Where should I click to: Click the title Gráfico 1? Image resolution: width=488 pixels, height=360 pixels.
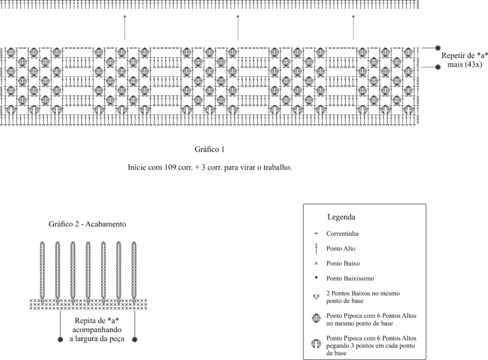coord(210,149)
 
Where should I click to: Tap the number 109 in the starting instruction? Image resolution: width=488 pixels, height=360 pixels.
coord(169,167)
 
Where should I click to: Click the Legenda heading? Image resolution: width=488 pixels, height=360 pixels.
coord(341,217)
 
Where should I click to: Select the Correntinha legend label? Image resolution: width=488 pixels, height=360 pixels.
coord(342,233)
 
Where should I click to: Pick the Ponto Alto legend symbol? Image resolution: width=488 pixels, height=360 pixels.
coord(316,249)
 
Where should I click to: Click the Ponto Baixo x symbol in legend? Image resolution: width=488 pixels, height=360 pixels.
coord(316,263)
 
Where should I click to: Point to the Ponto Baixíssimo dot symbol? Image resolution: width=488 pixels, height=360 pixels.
coord(316,277)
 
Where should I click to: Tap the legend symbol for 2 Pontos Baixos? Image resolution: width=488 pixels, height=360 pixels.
coord(316,296)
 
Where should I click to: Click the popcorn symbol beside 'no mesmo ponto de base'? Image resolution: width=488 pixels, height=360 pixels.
coord(316,318)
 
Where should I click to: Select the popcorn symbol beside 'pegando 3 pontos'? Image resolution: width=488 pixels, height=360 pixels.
coord(316,344)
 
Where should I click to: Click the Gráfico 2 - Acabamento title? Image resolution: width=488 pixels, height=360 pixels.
coord(87,225)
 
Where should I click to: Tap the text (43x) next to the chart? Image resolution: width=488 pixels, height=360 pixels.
coord(474,64)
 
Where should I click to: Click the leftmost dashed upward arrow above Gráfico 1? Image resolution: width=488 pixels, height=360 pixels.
coord(125,27)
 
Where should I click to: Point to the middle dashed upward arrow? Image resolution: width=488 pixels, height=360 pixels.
coord(238,27)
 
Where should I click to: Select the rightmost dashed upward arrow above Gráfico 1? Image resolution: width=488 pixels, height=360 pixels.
coord(353,27)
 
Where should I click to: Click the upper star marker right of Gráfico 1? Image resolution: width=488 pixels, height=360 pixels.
coord(438,48)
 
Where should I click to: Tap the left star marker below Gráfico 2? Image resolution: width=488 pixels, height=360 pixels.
coord(60,340)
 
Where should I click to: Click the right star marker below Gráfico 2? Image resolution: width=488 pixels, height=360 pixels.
coord(135,340)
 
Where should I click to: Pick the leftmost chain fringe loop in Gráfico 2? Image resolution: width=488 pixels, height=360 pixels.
coord(43,270)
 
